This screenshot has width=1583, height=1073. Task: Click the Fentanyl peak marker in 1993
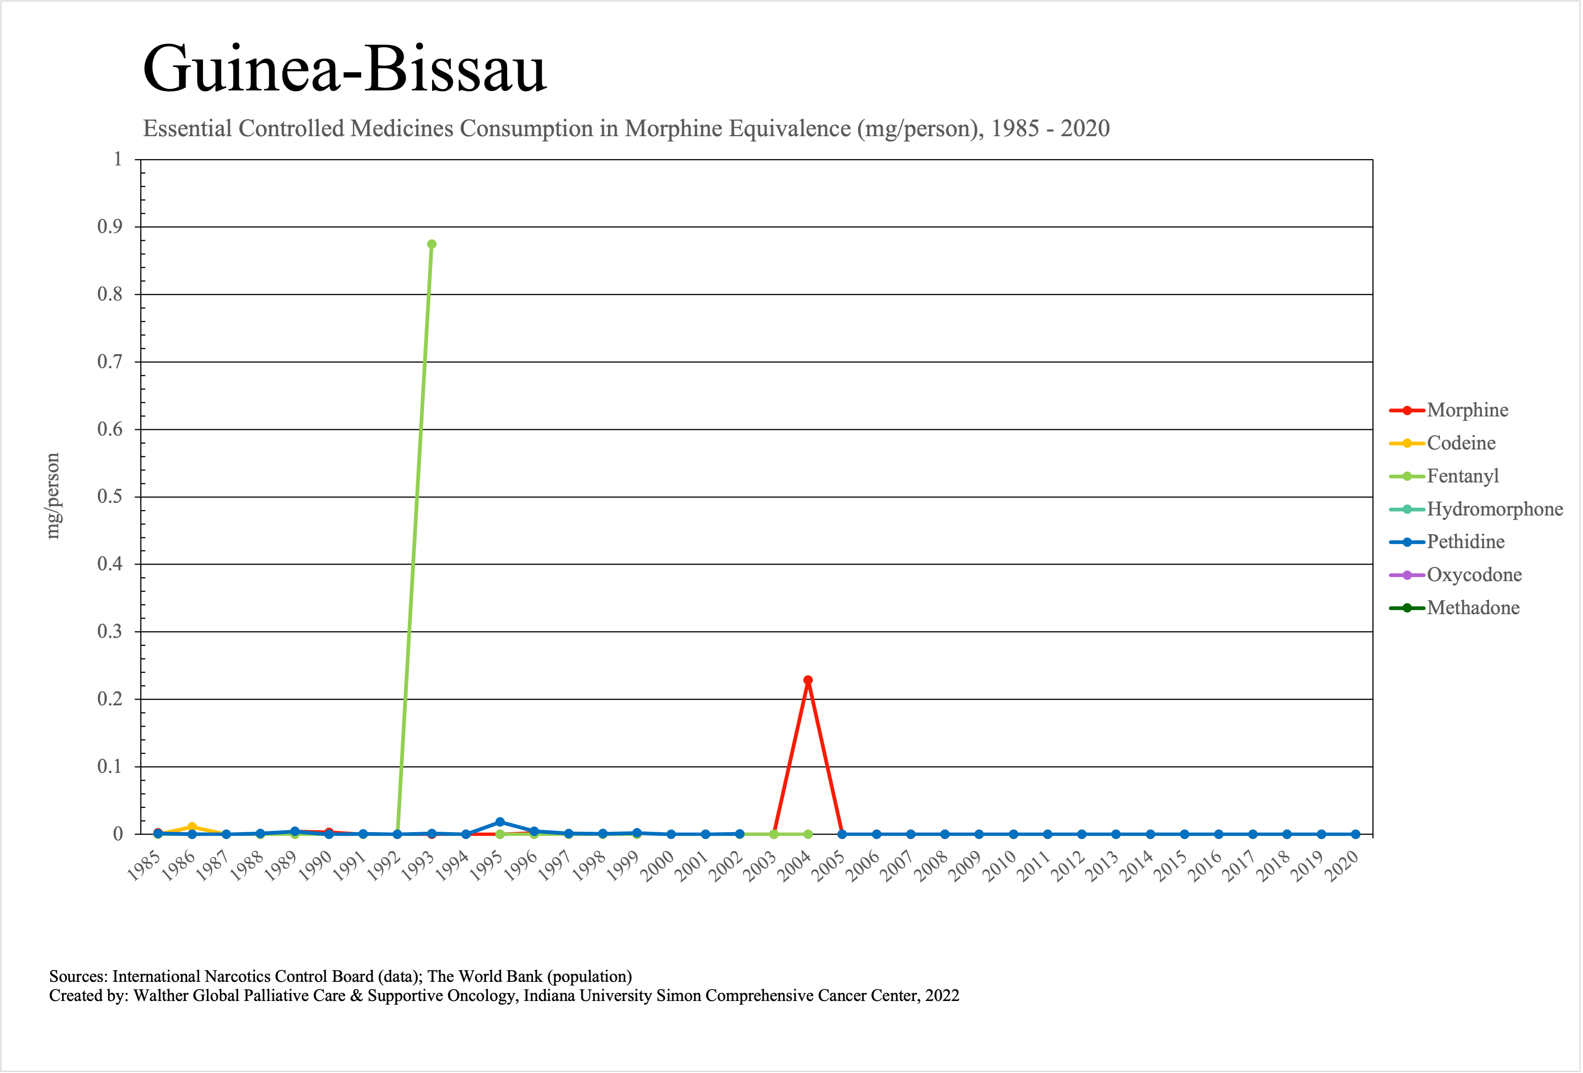[431, 244]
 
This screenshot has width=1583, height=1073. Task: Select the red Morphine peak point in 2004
[808, 680]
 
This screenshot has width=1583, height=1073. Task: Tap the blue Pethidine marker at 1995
[500, 822]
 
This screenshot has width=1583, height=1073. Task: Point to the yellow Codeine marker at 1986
[192, 827]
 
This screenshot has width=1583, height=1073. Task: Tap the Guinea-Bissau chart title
[345, 68]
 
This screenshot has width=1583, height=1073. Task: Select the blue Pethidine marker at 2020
[1355, 834]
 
